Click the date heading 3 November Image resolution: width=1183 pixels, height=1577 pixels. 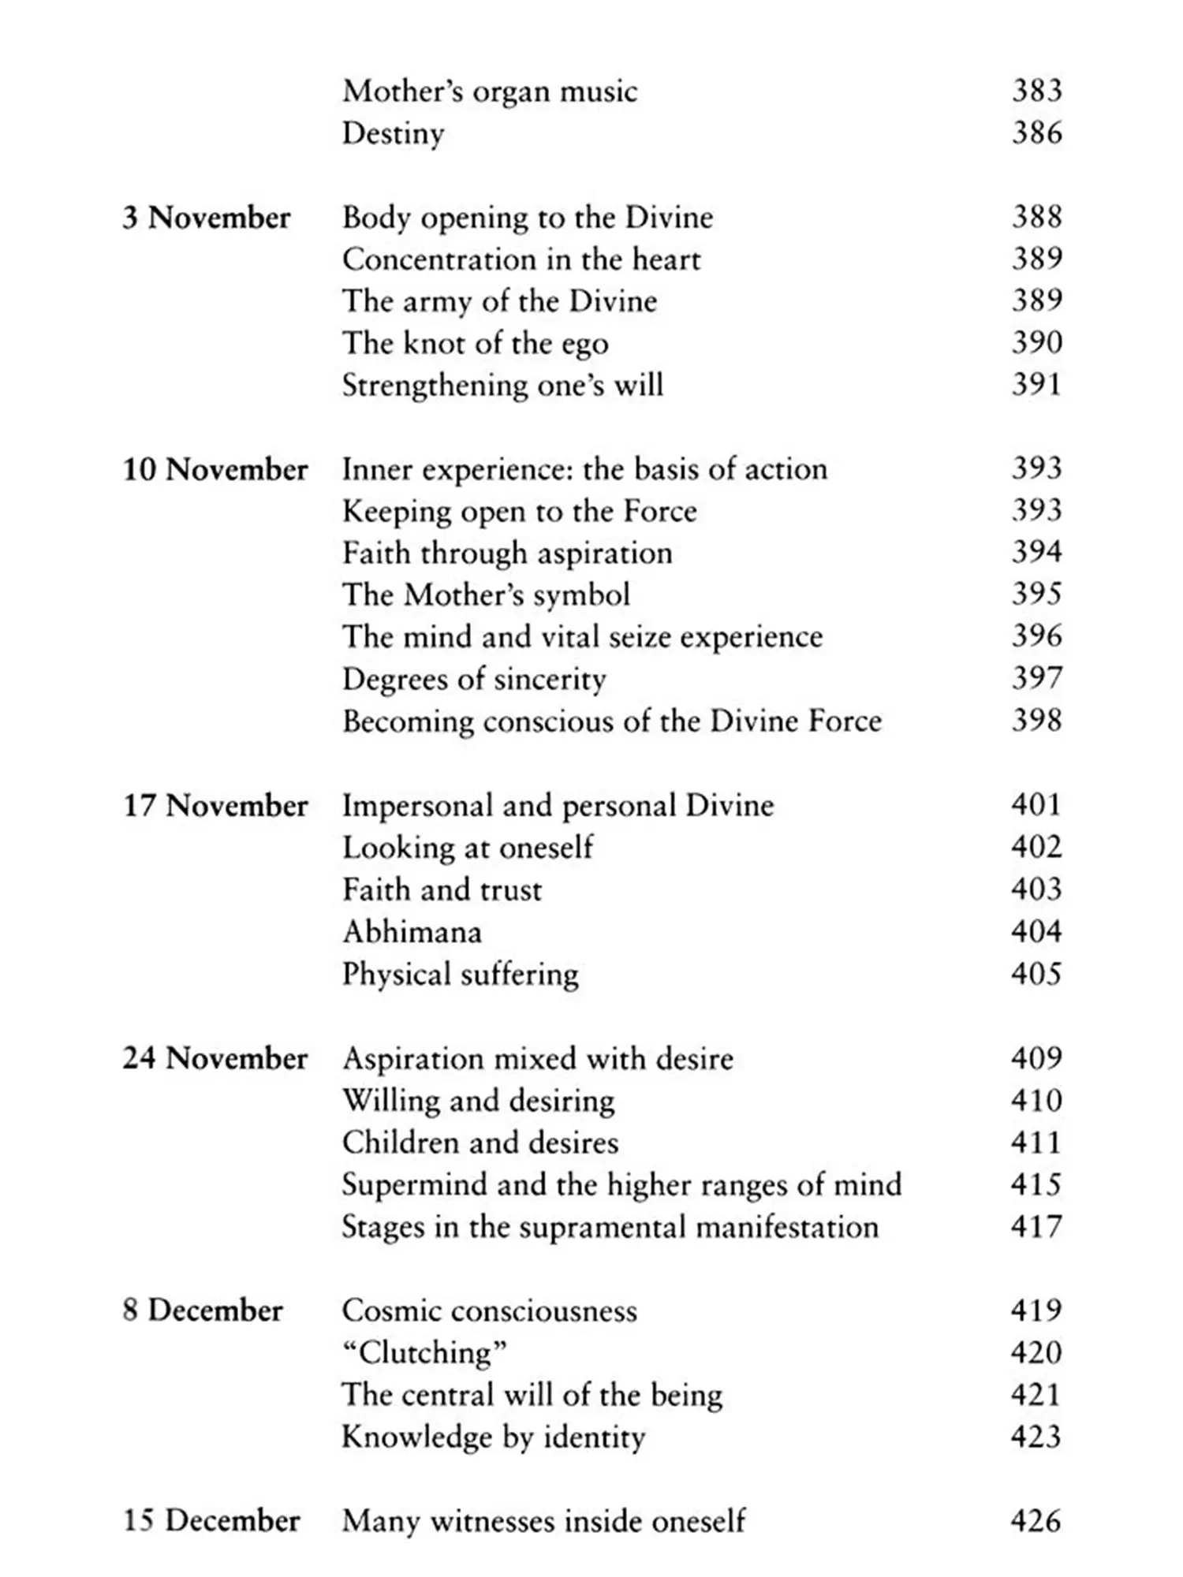[206, 218]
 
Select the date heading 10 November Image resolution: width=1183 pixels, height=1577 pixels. [215, 470]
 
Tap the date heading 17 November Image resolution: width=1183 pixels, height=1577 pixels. [215, 806]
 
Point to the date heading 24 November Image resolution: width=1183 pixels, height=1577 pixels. [215, 1058]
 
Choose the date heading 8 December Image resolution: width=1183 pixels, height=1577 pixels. [202, 1310]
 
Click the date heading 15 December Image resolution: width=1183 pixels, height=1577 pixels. [211, 1520]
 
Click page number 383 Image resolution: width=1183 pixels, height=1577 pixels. [1036, 91]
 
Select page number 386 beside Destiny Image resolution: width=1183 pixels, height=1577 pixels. [1036, 132]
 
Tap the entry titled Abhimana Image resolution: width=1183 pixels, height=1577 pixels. [412, 932]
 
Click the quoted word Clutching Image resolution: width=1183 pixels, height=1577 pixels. [424, 1353]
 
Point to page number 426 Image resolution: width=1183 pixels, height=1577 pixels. [1036, 1520]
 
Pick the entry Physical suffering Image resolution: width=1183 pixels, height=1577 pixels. [461, 975]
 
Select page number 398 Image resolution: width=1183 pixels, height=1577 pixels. [1036, 721]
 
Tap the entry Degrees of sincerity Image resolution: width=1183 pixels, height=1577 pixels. [474, 680]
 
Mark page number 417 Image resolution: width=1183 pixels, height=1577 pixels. [1036, 1227]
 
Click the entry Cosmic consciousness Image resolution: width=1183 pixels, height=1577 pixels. [489, 1310]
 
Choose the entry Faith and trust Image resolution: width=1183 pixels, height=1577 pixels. [442, 890]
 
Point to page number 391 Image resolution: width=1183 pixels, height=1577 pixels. [1036, 385]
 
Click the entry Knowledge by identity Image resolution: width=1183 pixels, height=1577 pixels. [493, 1437]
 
